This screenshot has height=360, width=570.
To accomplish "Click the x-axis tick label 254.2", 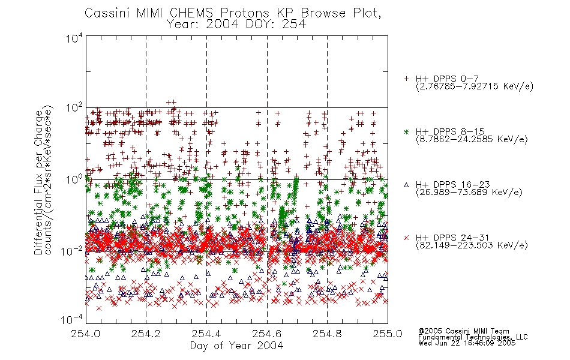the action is click(146, 334).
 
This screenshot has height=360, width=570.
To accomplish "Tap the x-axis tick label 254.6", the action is click(267, 334).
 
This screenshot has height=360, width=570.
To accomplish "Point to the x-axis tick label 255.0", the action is click(388, 334).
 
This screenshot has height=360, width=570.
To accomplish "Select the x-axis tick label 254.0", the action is click(86, 334).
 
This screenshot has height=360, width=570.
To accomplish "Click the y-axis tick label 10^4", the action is click(74, 38).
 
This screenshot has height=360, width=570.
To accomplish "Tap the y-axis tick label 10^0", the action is click(74, 179).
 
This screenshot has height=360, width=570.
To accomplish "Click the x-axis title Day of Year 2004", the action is click(236, 346).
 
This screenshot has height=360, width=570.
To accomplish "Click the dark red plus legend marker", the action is click(406, 79).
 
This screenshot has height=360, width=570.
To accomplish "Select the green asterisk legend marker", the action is click(406, 131).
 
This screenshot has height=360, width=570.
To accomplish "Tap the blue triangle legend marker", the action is click(406, 185).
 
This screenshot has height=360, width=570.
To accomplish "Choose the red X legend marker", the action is click(406, 238).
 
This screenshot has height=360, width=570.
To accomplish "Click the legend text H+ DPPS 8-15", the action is click(449, 131).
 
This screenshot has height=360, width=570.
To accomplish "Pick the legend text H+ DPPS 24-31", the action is click(452, 238).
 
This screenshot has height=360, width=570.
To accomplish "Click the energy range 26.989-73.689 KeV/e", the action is click(469, 192).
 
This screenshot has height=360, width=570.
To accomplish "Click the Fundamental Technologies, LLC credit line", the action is click(473, 337).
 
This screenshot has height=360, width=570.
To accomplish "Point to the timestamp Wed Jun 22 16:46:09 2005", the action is click(467, 343).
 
